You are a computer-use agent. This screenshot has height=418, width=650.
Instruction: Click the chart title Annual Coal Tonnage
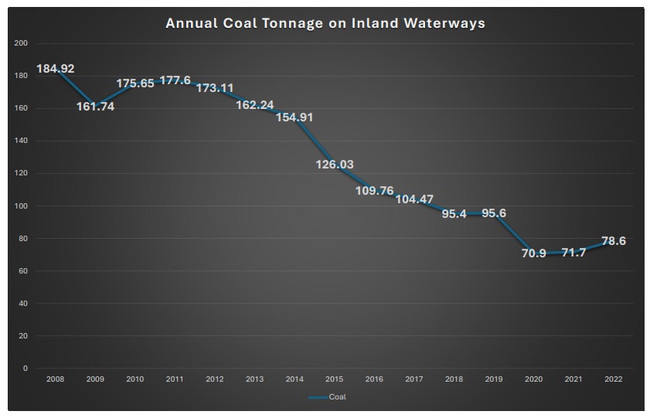[x=325, y=23]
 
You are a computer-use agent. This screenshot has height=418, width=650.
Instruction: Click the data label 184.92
[x=56, y=69]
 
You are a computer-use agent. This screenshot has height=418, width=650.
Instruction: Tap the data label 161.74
[x=95, y=107]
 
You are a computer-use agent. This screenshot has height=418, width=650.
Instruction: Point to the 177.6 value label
[x=175, y=80]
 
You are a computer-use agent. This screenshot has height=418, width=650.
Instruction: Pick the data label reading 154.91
[x=294, y=117]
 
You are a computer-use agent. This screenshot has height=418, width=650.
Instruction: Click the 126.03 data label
[x=335, y=164]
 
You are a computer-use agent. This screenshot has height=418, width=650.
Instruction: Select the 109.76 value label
[x=374, y=191]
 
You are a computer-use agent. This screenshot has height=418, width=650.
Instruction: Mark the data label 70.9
[x=533, y=253]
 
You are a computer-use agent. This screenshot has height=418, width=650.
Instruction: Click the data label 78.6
[x=613, y=241]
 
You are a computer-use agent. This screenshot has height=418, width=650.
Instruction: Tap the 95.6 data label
[x=494, y=213]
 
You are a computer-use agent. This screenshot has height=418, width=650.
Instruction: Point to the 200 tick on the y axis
[x=21, y=43]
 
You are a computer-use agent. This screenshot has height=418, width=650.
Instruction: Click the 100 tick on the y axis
[x=21, y=206]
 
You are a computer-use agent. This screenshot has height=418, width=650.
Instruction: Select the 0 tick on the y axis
[x=25, y=369]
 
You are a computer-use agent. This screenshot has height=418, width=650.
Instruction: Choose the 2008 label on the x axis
[x=55, y=379]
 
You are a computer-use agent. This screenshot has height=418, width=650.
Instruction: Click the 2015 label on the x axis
[x=335, y=379]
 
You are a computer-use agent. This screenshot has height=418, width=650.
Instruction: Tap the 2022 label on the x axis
[x=614, y=379]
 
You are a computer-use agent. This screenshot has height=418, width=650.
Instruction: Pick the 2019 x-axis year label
[x=494, y=379]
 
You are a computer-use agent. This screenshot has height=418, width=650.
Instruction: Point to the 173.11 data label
[x=215, y=88]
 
